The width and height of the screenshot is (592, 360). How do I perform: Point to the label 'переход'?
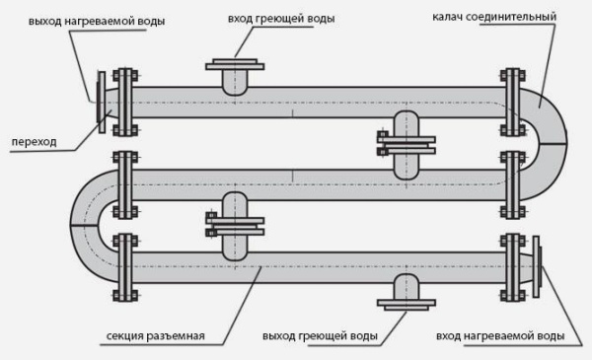tap(34, 141)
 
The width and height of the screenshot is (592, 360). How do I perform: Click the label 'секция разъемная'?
tap(155, 336)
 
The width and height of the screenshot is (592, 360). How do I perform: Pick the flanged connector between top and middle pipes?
tap(406, 144)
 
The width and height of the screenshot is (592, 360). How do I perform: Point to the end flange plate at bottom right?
tap(536, 264)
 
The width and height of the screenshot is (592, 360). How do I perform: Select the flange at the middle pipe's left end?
tap(123, 183)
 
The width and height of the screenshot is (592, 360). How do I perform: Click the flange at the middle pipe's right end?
tap(511, 183)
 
